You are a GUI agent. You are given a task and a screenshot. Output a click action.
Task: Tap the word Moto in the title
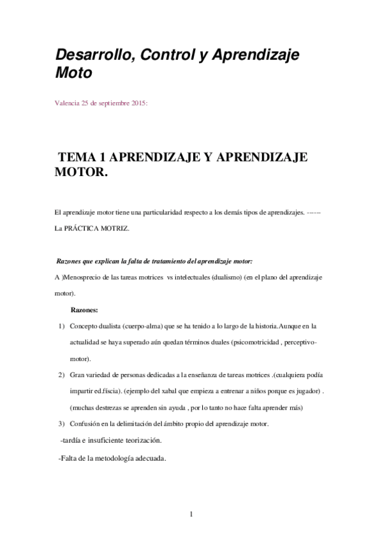tap(73, 74)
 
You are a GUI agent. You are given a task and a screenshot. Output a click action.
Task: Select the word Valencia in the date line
tap(67, 102)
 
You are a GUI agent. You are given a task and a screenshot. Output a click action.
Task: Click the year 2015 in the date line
tap(136, 102)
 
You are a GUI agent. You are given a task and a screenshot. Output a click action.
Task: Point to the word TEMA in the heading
tap(76, 158)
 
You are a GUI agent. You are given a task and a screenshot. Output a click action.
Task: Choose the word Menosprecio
tap(85, 278)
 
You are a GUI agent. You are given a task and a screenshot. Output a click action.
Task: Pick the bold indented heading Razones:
tap(84, 310)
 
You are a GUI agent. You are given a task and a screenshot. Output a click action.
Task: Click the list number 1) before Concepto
tap(61, 326)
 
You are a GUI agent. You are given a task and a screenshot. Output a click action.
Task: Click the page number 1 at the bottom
tap(191, 514)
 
